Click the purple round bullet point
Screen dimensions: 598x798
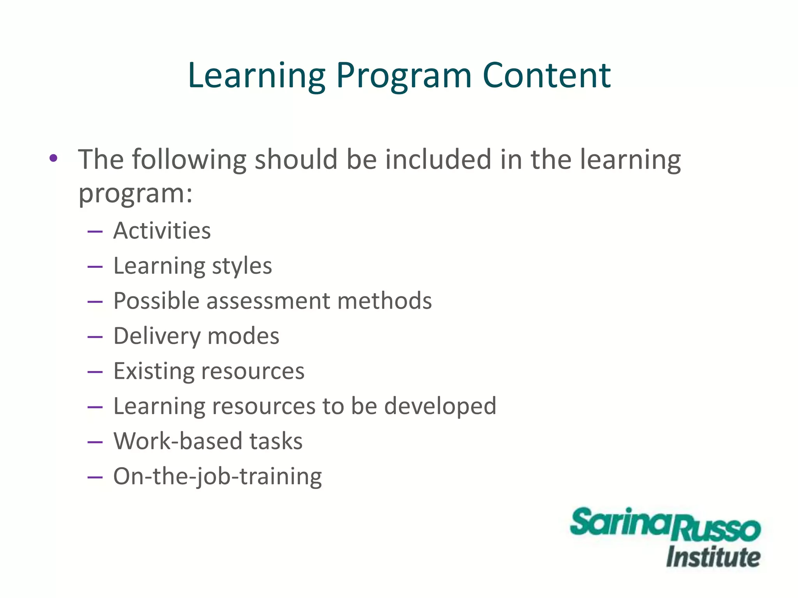coord(53,158)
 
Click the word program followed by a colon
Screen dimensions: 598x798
coord(135,193)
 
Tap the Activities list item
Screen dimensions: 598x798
coord(162,230)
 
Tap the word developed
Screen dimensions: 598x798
coord(440,406)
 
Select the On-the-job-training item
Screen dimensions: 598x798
coord(217,476)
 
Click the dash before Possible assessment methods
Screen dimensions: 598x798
coord(95,302)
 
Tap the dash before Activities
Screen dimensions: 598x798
coord(95,232)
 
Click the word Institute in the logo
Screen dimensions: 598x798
coord(713,557)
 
